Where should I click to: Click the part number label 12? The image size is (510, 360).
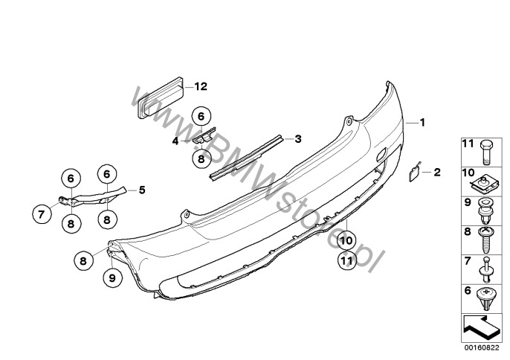tap(201, 86)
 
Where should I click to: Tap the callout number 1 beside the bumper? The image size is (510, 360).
tap(422, 123)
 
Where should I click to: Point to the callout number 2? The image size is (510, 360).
tap(437, 172)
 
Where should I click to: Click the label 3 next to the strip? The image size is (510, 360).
tap(298, 139)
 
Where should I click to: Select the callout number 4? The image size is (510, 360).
tap(175, 141)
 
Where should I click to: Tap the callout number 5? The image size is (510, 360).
tap(142, 190)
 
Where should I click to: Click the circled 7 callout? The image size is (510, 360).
tap(42, 214)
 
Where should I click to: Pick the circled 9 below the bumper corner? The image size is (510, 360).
tap(112, 278)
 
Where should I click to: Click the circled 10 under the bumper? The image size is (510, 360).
tap(346, 241)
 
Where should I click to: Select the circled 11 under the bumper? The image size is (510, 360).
tap(346, 260)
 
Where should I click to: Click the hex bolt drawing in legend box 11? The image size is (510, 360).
tap(486, 153)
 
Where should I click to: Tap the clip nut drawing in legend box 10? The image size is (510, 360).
tap(485, 186)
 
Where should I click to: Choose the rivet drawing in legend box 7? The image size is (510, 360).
tap(486, 270)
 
